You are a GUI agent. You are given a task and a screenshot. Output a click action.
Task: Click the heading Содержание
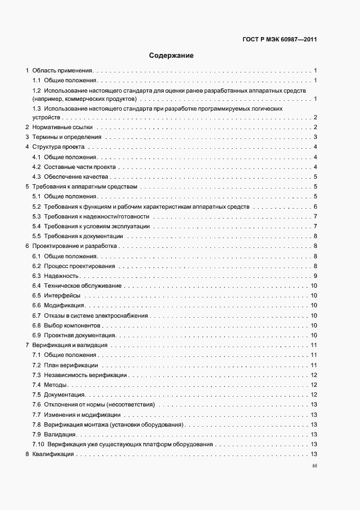coord(172,56)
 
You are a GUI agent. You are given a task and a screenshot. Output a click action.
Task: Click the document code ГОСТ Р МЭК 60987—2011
coord(279,39)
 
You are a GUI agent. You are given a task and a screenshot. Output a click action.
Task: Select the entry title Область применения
coord(63,71)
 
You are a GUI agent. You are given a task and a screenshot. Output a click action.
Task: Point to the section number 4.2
coord(37,167)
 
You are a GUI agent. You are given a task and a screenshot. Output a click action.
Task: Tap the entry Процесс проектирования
coord(80,266)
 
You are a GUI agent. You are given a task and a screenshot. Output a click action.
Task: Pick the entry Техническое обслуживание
coord(83,286)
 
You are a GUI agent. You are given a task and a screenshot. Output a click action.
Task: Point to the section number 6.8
coord(37,325)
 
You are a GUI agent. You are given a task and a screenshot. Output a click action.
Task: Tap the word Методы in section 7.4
coord(56,385)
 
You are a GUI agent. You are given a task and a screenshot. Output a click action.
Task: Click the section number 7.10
coord(39,445)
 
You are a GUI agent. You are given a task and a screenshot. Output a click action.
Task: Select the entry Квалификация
coord(53,454)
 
